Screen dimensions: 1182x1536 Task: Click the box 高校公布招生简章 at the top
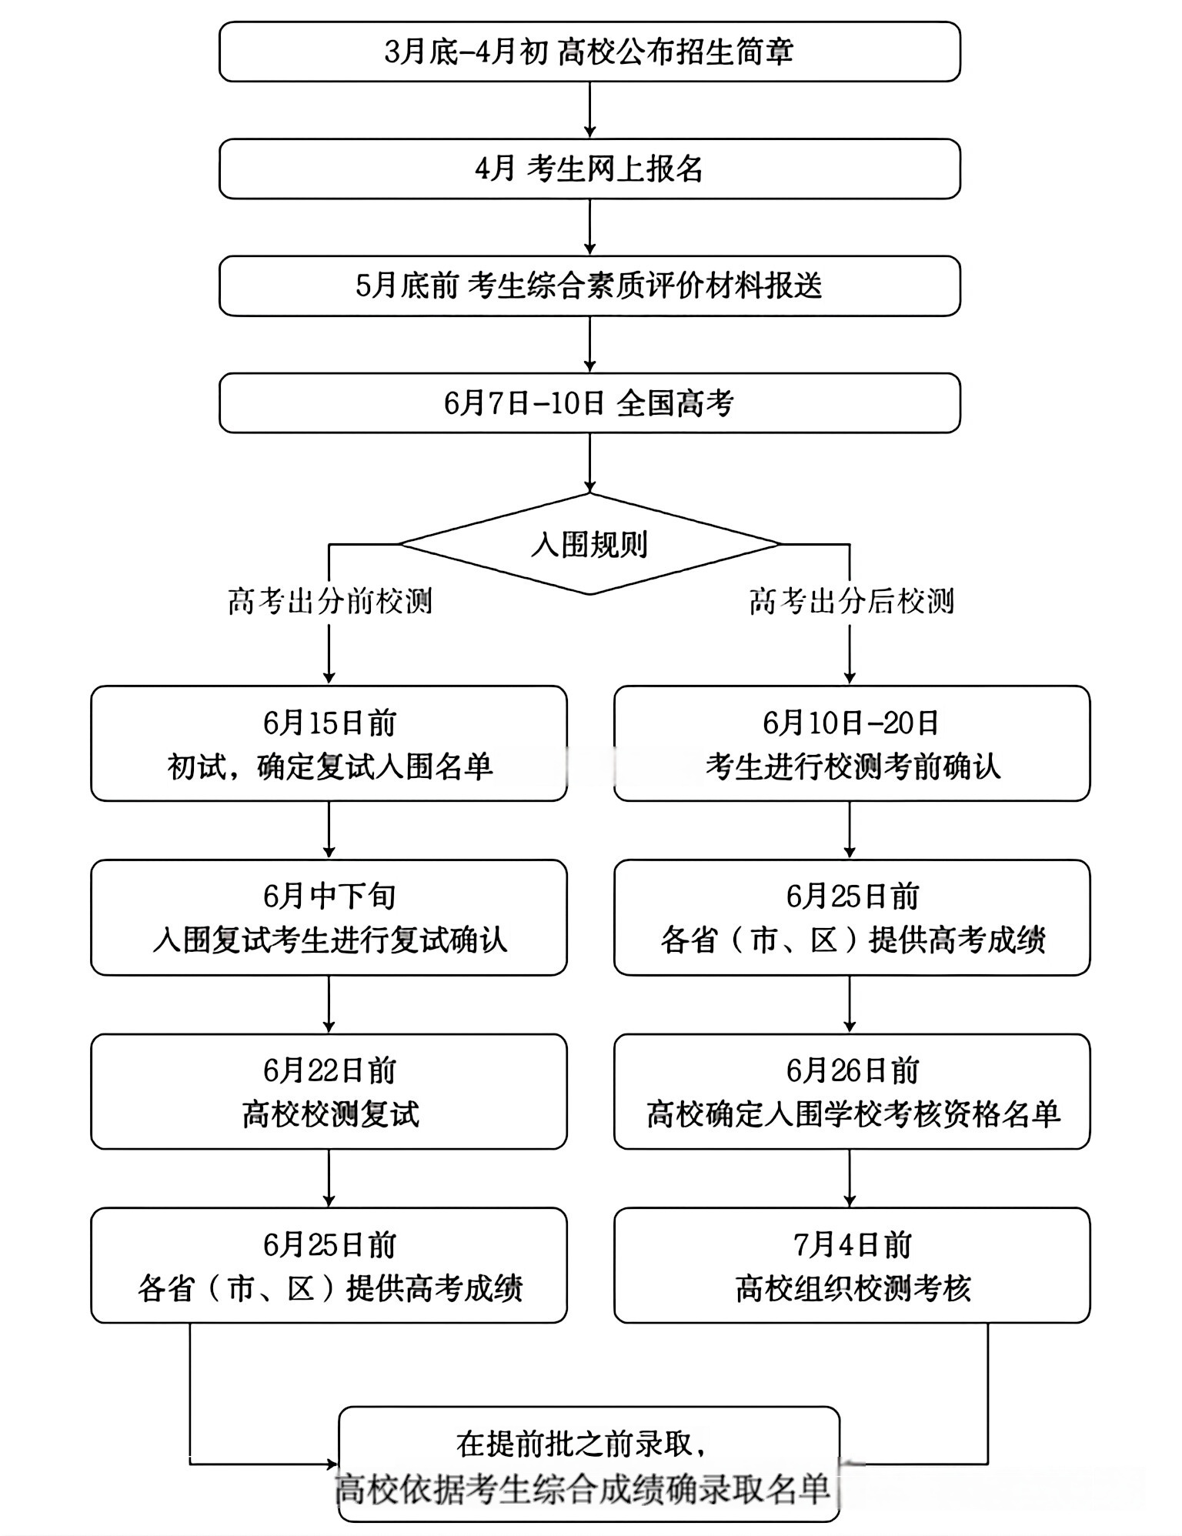tap(589, 52)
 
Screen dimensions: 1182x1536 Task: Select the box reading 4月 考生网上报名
tap(589, 169)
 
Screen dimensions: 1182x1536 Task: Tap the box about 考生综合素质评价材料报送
tap(589, 286)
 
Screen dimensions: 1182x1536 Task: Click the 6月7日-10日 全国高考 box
tap(589, 403)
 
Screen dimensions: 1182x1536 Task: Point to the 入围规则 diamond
tap(589, 544)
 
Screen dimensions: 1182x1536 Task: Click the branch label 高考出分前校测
tap(329, 601)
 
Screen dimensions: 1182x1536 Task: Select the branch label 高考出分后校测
tap(851, 601)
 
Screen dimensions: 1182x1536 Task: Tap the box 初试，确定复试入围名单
tap(329, 743)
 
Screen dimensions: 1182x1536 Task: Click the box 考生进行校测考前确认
tap(852, 743)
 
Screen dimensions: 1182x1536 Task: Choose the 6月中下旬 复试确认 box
tap(329, 917)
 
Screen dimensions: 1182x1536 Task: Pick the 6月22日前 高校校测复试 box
tap(329, 1091)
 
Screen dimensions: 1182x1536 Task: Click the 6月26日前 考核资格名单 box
tap(852, 1091)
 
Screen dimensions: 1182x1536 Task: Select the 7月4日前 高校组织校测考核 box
tap(852, 1265)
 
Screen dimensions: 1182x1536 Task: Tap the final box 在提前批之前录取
tap(589, 1464)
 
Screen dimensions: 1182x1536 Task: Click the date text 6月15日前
tap(329, 723)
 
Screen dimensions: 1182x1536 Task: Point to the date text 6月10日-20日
tap(851, 723)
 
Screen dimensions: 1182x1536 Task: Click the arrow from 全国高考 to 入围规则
tap(589, 463)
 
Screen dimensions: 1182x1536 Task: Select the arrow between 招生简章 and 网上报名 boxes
tap(589, 110)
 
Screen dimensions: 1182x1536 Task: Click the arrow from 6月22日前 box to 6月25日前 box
tap(329, 1178)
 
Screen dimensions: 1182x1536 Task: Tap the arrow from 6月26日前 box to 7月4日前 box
tap(850, 1178)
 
